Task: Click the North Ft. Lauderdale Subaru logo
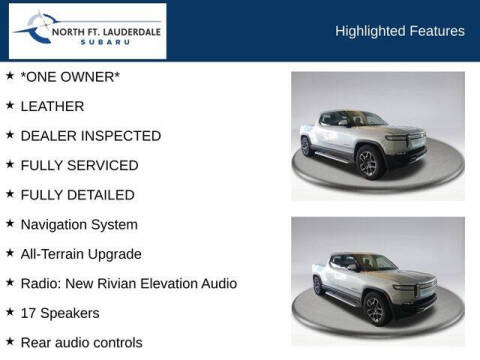(87, 31)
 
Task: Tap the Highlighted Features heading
(399, 31)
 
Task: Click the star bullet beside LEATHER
(10, 105)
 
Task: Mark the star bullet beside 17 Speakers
(10, 312)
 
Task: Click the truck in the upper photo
(365, 140)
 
